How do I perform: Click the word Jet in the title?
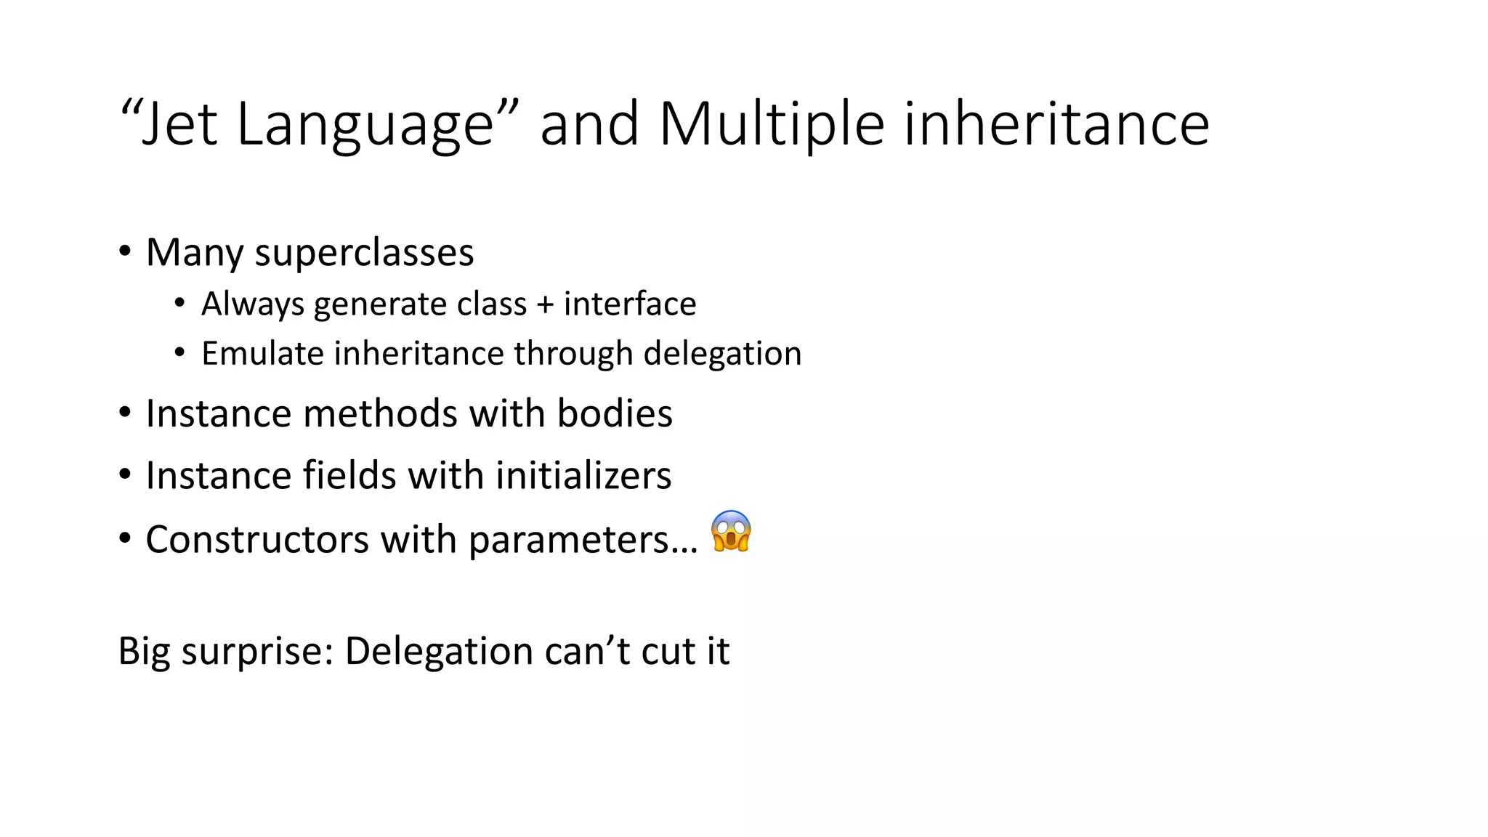[x=179, y=124]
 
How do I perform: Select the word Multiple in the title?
[x=772, y=124]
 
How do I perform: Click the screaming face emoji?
[x=731, y=532]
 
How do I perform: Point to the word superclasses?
[x=364, y=253]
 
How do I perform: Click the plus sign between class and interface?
[x=545, y=304]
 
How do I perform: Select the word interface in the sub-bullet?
[x=630, y=304]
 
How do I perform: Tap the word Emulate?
[x=262, y=354]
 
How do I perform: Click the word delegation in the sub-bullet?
[x=722, y=354]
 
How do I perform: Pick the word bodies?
[x=615, y=413]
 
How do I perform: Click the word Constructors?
[x=257, y=540]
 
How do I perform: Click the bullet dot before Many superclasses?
[x=125, y=252]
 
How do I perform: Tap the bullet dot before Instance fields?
[x=125, y=475]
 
